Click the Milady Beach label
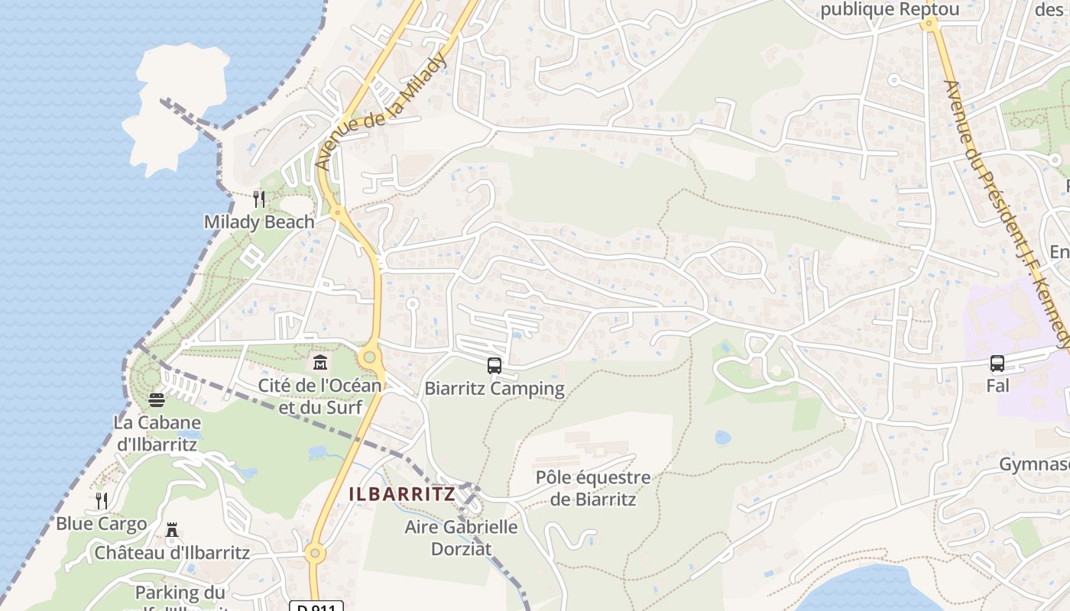click(259, 222)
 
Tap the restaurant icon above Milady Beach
click(259, 199)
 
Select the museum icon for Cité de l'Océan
click(319, 360)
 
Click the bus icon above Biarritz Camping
click(494, 366)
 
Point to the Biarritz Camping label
click(494, 389)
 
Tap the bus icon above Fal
click(997, 364)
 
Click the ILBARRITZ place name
click(402, 494)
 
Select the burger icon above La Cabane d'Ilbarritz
click(157, 400)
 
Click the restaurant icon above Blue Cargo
click(102, 501)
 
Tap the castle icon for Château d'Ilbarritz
click(172, 530)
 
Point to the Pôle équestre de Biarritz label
click(593, 489)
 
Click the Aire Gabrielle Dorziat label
click(461, 538)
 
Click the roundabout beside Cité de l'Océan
click(371, 356)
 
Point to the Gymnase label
click(1034, 465)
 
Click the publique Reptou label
click(889, 10)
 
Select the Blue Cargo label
click(101, 524)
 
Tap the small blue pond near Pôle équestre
click(722, 438)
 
